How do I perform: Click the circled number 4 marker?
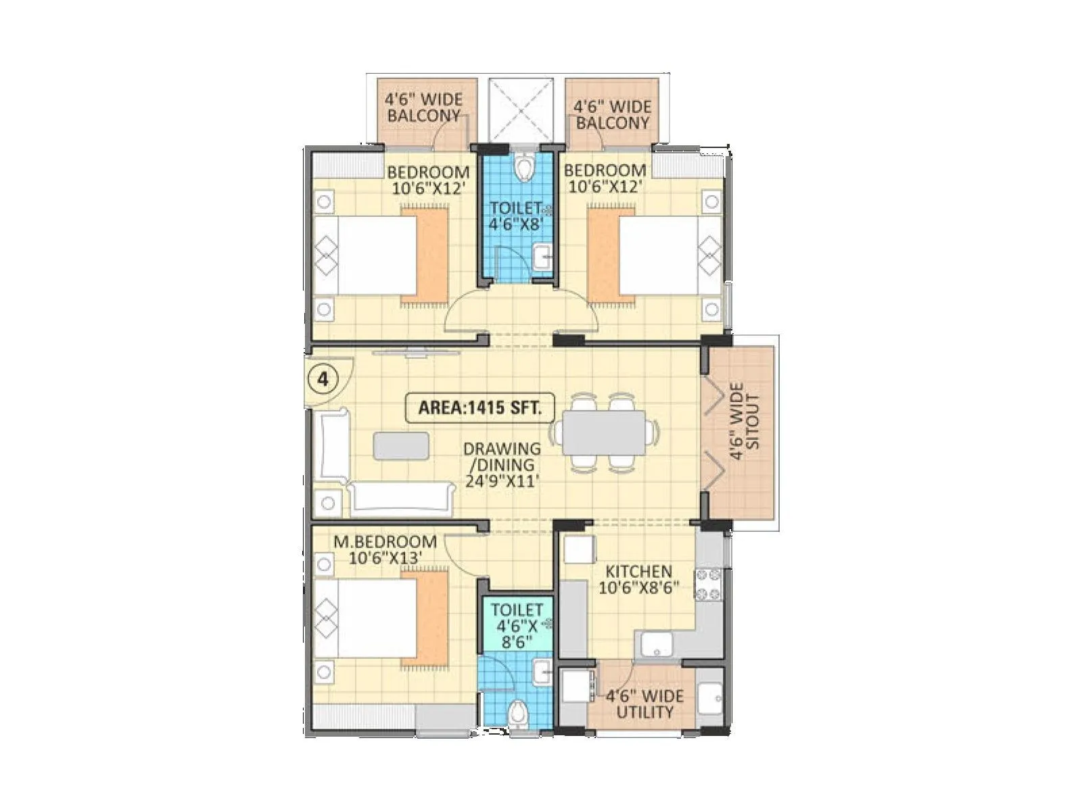(323, 379)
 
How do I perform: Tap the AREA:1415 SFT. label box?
(479, 408)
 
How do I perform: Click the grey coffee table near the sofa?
(401, 446)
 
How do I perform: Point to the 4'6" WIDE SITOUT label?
(745, 422)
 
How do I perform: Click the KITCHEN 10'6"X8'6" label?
(638, 579)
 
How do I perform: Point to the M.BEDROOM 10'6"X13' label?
(385, 549)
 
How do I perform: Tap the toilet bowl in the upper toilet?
(522, 167)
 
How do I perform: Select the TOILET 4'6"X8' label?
(516, 216)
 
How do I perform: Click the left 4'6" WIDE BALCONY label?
(424, 107)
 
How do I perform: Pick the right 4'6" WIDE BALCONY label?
(612, 115)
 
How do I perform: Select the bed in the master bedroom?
(369, 619)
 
